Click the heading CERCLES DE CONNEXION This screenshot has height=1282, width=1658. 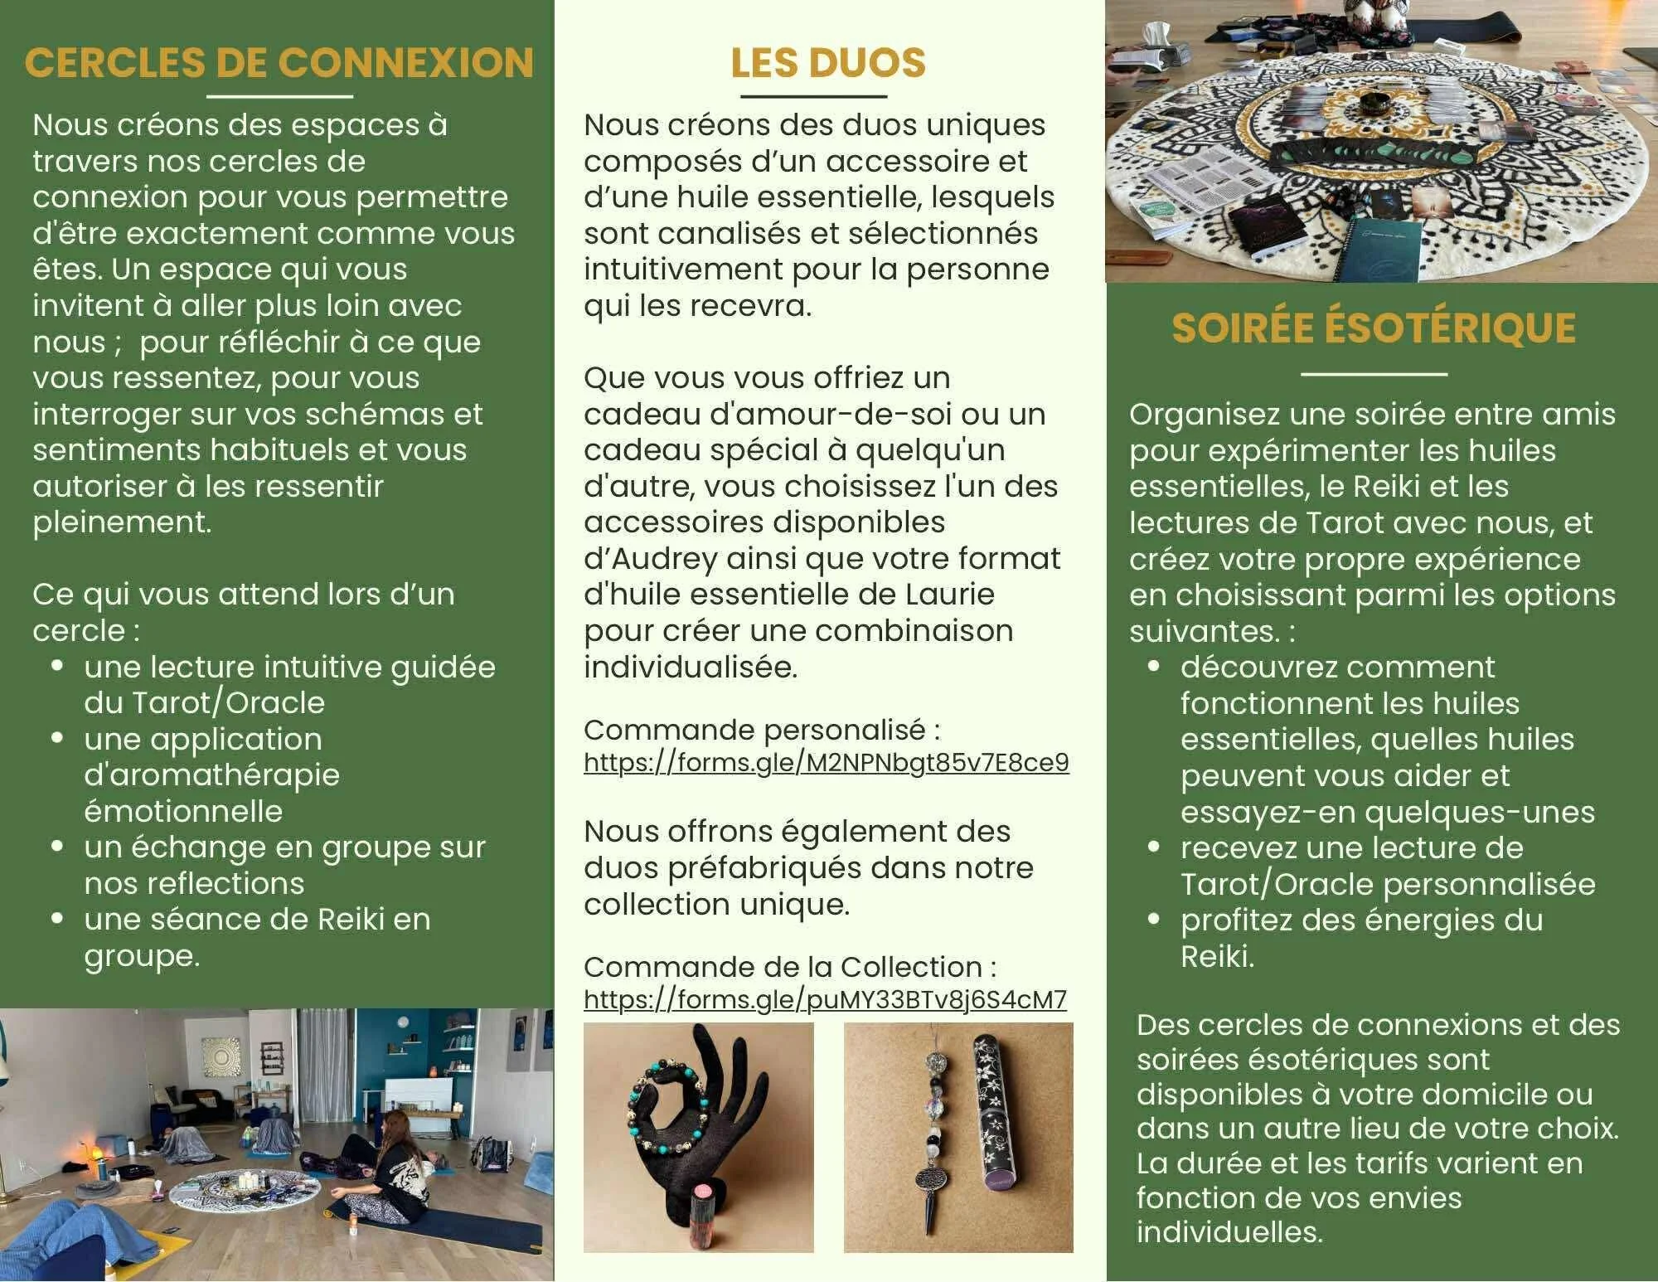279,63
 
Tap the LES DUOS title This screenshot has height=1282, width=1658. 828,63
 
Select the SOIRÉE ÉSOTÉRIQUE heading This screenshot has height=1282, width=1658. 1374,328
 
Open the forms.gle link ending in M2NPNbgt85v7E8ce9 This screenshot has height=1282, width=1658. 827,762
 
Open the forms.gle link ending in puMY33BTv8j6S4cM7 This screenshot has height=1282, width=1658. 825,999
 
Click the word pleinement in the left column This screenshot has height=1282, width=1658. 122,523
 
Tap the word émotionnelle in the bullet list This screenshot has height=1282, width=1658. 183,811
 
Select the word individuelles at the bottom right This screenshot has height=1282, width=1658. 1229,1232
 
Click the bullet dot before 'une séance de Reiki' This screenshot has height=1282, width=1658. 57,919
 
